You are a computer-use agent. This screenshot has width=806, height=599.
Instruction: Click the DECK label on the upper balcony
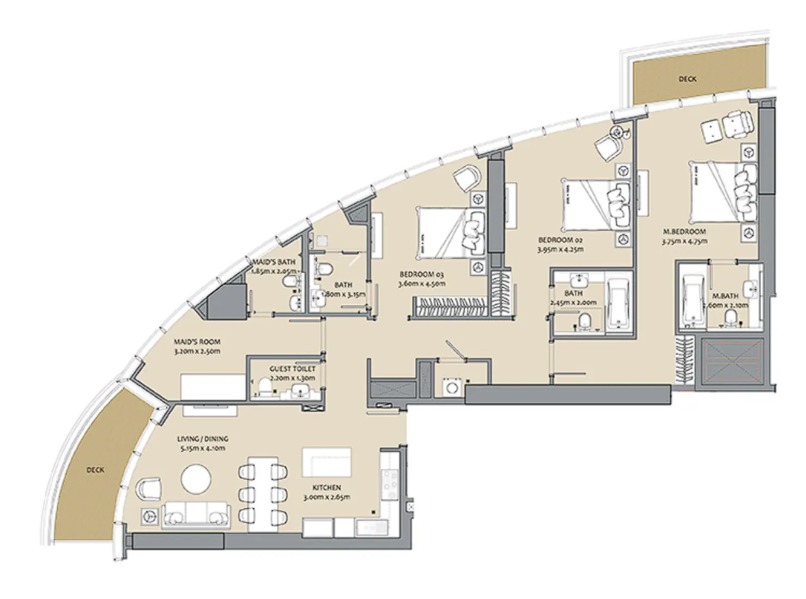(687, 79)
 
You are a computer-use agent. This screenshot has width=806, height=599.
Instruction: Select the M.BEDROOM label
(684, 231)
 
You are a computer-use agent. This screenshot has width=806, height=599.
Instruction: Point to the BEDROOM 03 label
(422, 274)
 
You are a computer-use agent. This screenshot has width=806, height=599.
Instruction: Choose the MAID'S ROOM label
(197, 342)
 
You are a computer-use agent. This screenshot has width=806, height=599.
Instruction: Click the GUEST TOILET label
(292, 369)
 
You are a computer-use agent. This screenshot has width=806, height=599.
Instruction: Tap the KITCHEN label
(326, 488)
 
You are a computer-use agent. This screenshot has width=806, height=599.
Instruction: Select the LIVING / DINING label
(202, 439)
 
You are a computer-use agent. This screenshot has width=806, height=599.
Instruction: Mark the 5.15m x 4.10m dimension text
(202, 448)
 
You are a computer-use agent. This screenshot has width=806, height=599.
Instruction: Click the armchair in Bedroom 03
(467, 178)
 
